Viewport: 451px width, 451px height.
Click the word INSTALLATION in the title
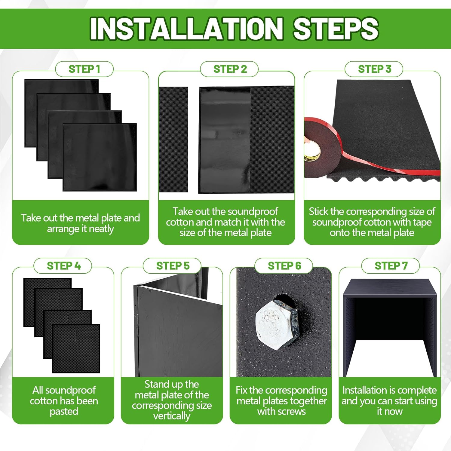tap(187, 29)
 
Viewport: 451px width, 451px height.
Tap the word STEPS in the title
tap(336, 29)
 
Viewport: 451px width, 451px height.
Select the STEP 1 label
tap(84, 69)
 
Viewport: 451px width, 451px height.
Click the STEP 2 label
tap(230, 69)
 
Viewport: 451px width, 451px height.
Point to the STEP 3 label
tap(375, 69)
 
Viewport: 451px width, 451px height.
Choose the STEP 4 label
tap(64, 266)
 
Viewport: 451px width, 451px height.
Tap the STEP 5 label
tap(173, 266)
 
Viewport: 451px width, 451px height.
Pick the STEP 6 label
tap(284, 266)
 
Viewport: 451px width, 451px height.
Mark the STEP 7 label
tap(391, 266)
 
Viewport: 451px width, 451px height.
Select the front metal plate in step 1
tap(100, 157)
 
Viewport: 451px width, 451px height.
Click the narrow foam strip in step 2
tap(173, 140)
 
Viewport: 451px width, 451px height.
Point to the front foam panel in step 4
tap(76, 348)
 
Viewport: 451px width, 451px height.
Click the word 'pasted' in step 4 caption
tap(64, 412)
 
